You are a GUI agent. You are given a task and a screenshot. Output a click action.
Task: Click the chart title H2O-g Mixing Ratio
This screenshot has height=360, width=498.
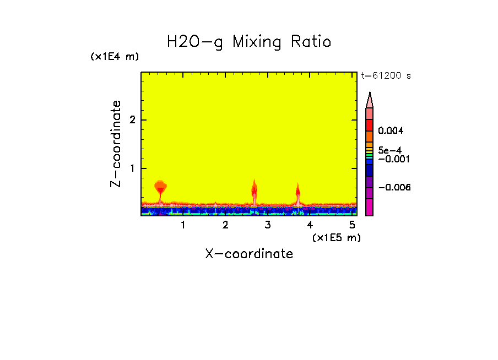click(x=249, y=42)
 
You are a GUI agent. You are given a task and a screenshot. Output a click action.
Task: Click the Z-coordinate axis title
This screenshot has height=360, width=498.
click(x=116, y=144)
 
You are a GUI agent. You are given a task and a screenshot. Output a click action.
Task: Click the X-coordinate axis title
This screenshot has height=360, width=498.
click(x=249, y=254)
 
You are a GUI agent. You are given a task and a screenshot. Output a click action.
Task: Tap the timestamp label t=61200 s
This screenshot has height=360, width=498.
click(x=386, y=76)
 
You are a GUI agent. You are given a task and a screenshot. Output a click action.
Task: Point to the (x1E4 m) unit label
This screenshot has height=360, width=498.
click(x=115, y=57)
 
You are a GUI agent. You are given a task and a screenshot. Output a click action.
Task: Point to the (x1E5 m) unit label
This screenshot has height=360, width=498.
click(x=336, y=237)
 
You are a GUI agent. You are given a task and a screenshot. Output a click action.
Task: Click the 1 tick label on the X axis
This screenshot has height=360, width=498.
click(x=183, y=225)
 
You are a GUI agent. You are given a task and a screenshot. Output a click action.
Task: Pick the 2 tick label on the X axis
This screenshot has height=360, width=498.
click(x=225, y=225)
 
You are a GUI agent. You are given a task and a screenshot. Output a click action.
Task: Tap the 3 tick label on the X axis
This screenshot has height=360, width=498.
click(x=268, y=225)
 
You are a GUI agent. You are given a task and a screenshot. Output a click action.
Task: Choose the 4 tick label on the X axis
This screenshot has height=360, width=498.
click(x=310, y=225)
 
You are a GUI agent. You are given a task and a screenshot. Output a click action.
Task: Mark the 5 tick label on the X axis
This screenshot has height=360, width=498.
click(x=352, y=225)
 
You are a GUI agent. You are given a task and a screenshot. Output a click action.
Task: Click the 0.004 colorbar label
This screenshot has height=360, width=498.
click(x=391, y=131)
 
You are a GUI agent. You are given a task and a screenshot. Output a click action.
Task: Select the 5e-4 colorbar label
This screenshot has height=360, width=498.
click(x=389, y=150)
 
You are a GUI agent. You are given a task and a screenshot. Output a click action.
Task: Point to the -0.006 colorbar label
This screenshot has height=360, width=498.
click(x=394, y=188)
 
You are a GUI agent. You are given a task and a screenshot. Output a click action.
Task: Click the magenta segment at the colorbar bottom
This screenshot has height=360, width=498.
click(x=370, y=208)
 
